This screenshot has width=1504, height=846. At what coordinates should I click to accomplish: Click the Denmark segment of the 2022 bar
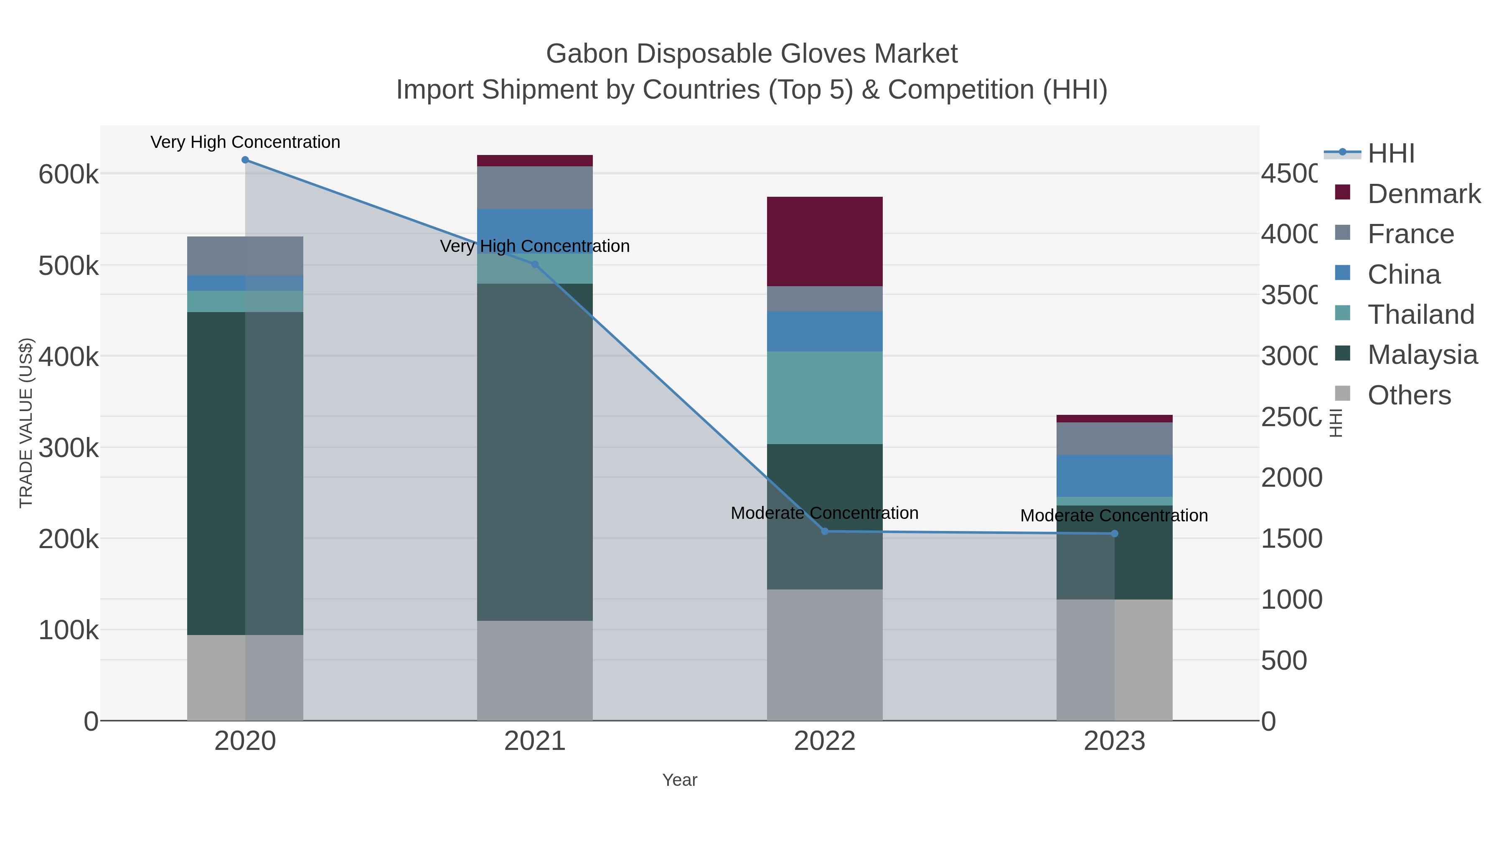[x=824, y=241]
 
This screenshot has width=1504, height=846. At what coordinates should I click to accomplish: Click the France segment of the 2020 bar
[x=245, y=256]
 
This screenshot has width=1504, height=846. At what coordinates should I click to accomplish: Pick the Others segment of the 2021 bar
[x=534, y=670]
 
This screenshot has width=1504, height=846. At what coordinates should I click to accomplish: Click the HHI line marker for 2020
[x=245, y=160]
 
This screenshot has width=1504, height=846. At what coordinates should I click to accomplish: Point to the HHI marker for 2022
[x=824, y=531]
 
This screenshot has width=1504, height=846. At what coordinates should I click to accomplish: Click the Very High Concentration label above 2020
[x=245, y=142]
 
